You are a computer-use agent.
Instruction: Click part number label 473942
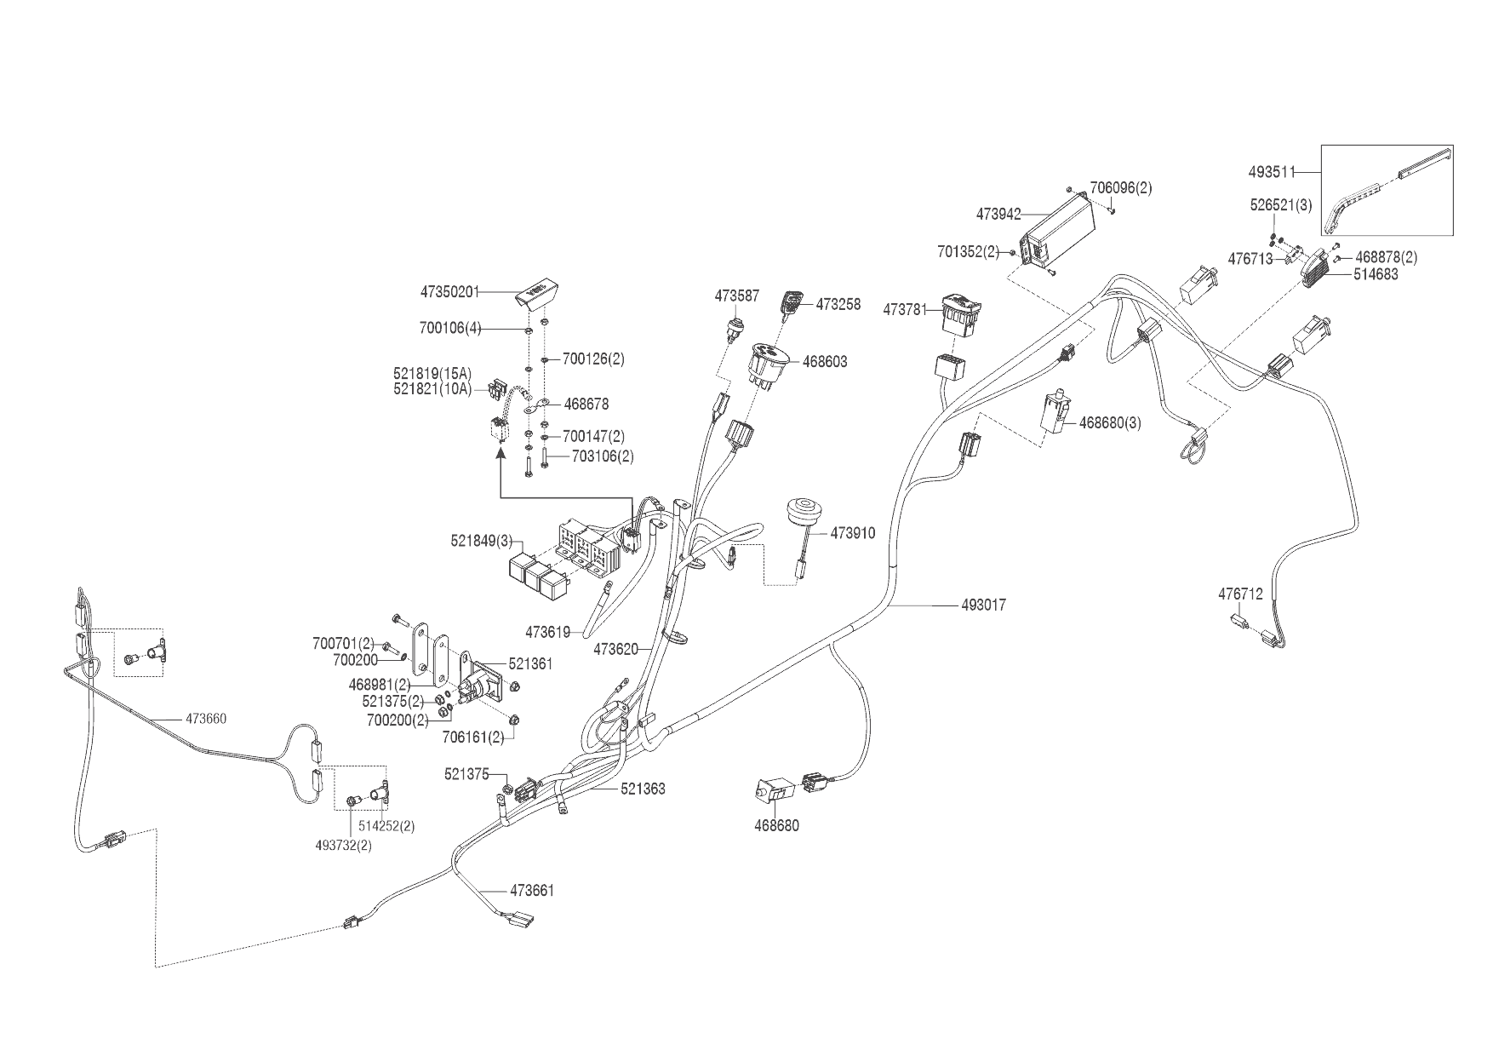click(998, 215)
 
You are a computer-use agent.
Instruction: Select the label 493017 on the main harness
click(983, 605)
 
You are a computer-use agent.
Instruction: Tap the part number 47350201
click(449, 292)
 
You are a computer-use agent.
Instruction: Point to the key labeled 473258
click(792, 302)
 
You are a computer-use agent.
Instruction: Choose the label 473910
click(853, 534)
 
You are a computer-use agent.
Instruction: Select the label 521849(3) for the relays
click(482, 541)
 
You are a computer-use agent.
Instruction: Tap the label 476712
click(1240, 594)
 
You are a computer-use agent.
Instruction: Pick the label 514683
click(1376, 274)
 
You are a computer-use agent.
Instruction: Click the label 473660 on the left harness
click(206, 719)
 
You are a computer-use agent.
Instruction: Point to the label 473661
click(532, 891)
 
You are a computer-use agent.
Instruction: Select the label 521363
click(643, 789)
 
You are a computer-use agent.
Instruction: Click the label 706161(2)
click(472, 737)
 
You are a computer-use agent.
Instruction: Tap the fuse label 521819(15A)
click(432, 373)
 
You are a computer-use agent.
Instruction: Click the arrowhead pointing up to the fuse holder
click(500, 456)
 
